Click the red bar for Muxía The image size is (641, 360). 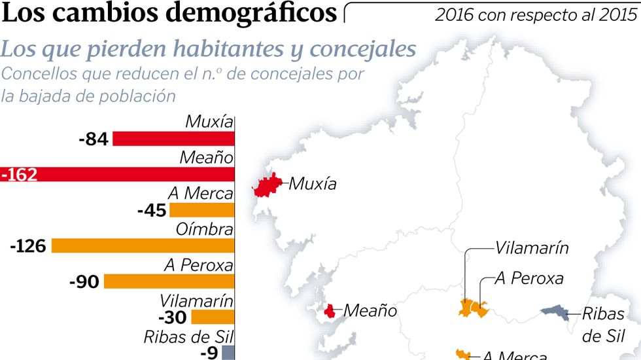pyautogui.click(x=173, y=139)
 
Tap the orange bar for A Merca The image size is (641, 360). pyautogui.click(x=201, y=210)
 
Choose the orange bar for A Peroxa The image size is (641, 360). pyautogui.click(x=169, y=281)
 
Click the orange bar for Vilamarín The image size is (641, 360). pyautogui.click(x=212, y=317)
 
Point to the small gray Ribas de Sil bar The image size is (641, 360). pyautogui.click(x=228, y=352)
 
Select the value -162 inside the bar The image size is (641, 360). pyautogui.click(x=20, y=175)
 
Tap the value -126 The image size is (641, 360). pyautogui.click(x=28, y=246)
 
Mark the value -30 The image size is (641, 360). pyautogui.click(x=173, y=317)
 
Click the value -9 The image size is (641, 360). pyautogui.click(x=209, y=352)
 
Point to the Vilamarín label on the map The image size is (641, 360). pyautogui.click(x=531, y=248)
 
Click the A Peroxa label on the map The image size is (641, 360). pyautogui.click(x=528, y=278)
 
